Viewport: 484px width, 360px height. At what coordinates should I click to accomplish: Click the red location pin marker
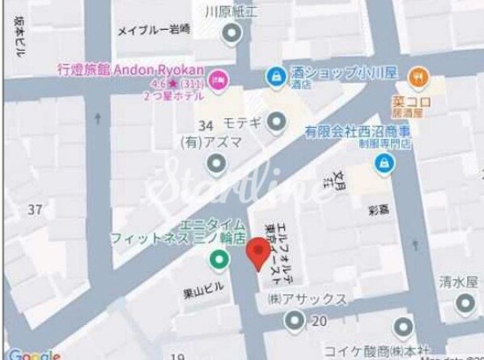point(257,254)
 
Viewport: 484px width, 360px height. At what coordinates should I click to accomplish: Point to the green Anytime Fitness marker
point(218,260)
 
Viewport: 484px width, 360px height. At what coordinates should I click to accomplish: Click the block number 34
point(206,125)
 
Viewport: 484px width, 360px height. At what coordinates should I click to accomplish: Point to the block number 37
point(34,210)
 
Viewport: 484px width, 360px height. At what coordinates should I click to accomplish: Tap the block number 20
point(319,321)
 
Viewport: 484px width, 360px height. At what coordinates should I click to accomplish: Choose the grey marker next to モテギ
point(278,122)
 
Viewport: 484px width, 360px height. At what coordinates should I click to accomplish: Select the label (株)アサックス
point(307,300)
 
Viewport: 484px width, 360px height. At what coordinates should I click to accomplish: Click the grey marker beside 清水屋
point(465,305)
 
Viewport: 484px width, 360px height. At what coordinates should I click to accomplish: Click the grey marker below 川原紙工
point(231,33)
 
